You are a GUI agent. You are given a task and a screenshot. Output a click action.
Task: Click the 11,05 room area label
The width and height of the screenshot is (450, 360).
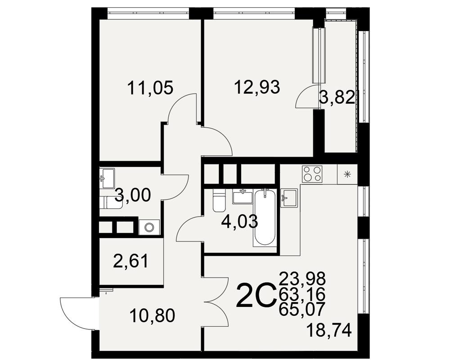click(x=150, y=88)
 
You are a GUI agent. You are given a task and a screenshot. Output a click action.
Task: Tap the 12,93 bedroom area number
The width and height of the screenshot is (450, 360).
click(x=257, y=87)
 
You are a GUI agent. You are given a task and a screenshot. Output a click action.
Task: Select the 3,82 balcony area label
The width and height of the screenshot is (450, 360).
click(x=337, y=97)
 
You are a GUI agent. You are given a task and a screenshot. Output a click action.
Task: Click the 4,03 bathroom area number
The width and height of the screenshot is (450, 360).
click(x=240, y=222)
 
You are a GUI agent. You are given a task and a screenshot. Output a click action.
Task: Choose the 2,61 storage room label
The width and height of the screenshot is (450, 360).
click(x=131, y=261)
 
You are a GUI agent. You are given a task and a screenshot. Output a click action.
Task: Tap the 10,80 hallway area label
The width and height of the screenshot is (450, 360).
click(x=152, y=316)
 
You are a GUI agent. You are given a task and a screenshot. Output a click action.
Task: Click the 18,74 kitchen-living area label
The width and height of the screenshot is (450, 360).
click(x=329, y=330)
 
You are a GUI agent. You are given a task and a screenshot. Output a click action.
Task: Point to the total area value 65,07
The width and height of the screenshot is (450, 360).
click(x=302, y=309)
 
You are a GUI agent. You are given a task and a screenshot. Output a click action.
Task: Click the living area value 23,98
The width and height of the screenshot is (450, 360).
click(x=302, y=278)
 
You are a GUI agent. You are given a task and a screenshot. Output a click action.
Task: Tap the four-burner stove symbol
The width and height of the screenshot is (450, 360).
click(x=312, y=174)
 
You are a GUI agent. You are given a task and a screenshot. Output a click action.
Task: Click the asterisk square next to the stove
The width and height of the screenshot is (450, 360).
click(x=347, y=174)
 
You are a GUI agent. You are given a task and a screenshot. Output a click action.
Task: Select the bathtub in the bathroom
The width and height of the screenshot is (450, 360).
click(x=265, y=217)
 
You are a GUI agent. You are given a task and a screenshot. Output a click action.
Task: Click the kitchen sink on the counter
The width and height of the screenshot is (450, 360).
click(x=289, y=198)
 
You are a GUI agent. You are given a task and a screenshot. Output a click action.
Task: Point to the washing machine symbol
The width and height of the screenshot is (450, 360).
click(x=149, y=227)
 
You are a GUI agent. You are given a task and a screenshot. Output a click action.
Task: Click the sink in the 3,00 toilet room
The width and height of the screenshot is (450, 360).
click(x=107, y=178)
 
